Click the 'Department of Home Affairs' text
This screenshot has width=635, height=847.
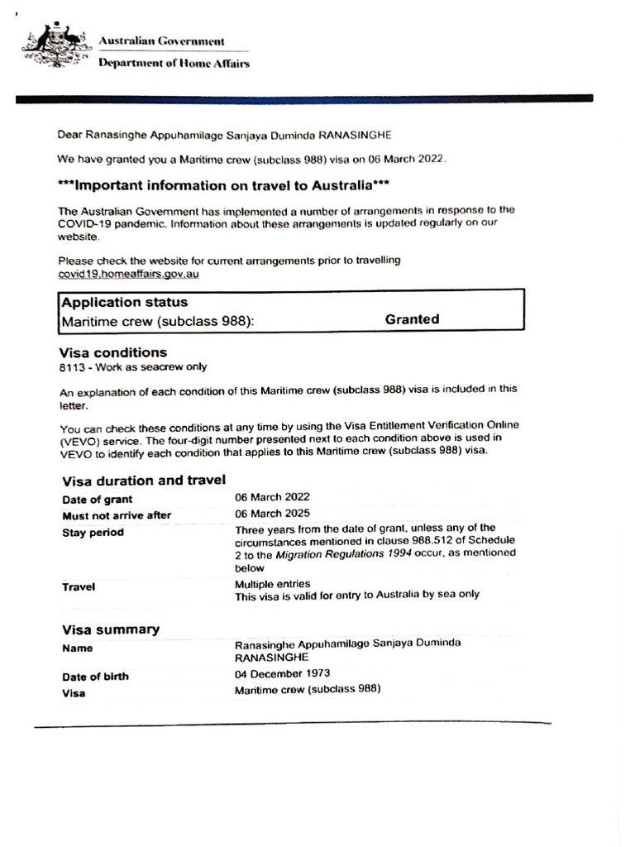click(x=174, y=64)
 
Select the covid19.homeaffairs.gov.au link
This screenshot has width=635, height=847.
click(x=128, y=274)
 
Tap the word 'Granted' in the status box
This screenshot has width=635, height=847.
click(x=412, y=319)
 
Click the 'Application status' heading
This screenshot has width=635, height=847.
click(x=125, y=303)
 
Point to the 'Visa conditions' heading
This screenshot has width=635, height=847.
click(x=114, y=352)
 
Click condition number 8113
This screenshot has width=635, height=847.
click(x=72, y=367)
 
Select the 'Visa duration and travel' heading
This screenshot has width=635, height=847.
click(x=144, y=481)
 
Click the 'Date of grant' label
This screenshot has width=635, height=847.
click(x=97, y=500)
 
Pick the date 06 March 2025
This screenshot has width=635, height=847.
click(x=272, y=514)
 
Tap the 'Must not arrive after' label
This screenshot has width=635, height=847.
click(x=117, y=515)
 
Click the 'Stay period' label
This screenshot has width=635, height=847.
click(x=93, y=533)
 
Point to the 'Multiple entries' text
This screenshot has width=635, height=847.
click(x=272, y=583)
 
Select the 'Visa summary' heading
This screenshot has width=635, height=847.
click(x=111, y=629)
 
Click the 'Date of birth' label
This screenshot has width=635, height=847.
click(x=95, y=677)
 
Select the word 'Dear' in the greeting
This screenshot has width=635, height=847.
click(x=70, y=133)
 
